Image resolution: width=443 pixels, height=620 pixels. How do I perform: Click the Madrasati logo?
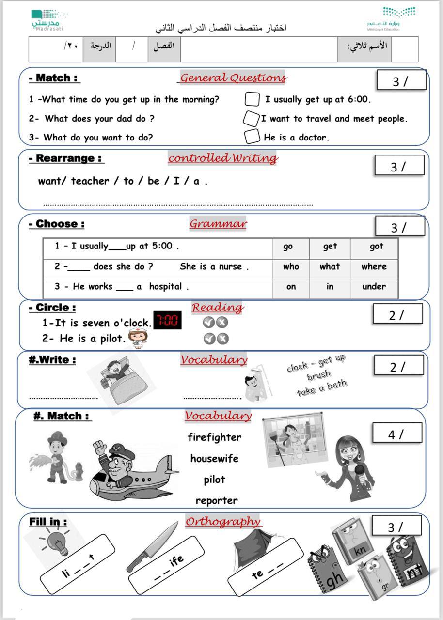click(x=47, y=20)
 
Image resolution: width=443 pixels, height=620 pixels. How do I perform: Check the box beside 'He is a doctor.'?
click(x=252, y=137)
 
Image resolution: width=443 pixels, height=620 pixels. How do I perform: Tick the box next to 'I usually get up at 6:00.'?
click(x=253, y=99)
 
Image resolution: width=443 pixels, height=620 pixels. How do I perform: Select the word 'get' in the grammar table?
click(x=330, y=247)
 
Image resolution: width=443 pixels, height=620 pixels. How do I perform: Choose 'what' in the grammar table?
click(x=330, y=266)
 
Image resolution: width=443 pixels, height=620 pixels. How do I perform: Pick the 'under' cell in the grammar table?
click(x=374, y=286)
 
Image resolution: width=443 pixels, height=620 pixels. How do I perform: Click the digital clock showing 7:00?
click(x=167, y=320)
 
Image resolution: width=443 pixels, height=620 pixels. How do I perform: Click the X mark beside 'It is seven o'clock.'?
click(x=222, y=322)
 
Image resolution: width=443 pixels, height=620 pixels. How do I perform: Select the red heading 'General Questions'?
click(x=233, y=77)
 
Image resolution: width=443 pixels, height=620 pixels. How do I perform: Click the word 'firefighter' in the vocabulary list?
click(x=214, y=437)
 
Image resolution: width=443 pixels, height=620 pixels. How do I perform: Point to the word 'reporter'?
click(x=217, y=500)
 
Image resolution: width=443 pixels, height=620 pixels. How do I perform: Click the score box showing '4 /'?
click(x=396, y=434)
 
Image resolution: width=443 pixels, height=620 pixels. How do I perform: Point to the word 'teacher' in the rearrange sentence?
click(x=90, y=181)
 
